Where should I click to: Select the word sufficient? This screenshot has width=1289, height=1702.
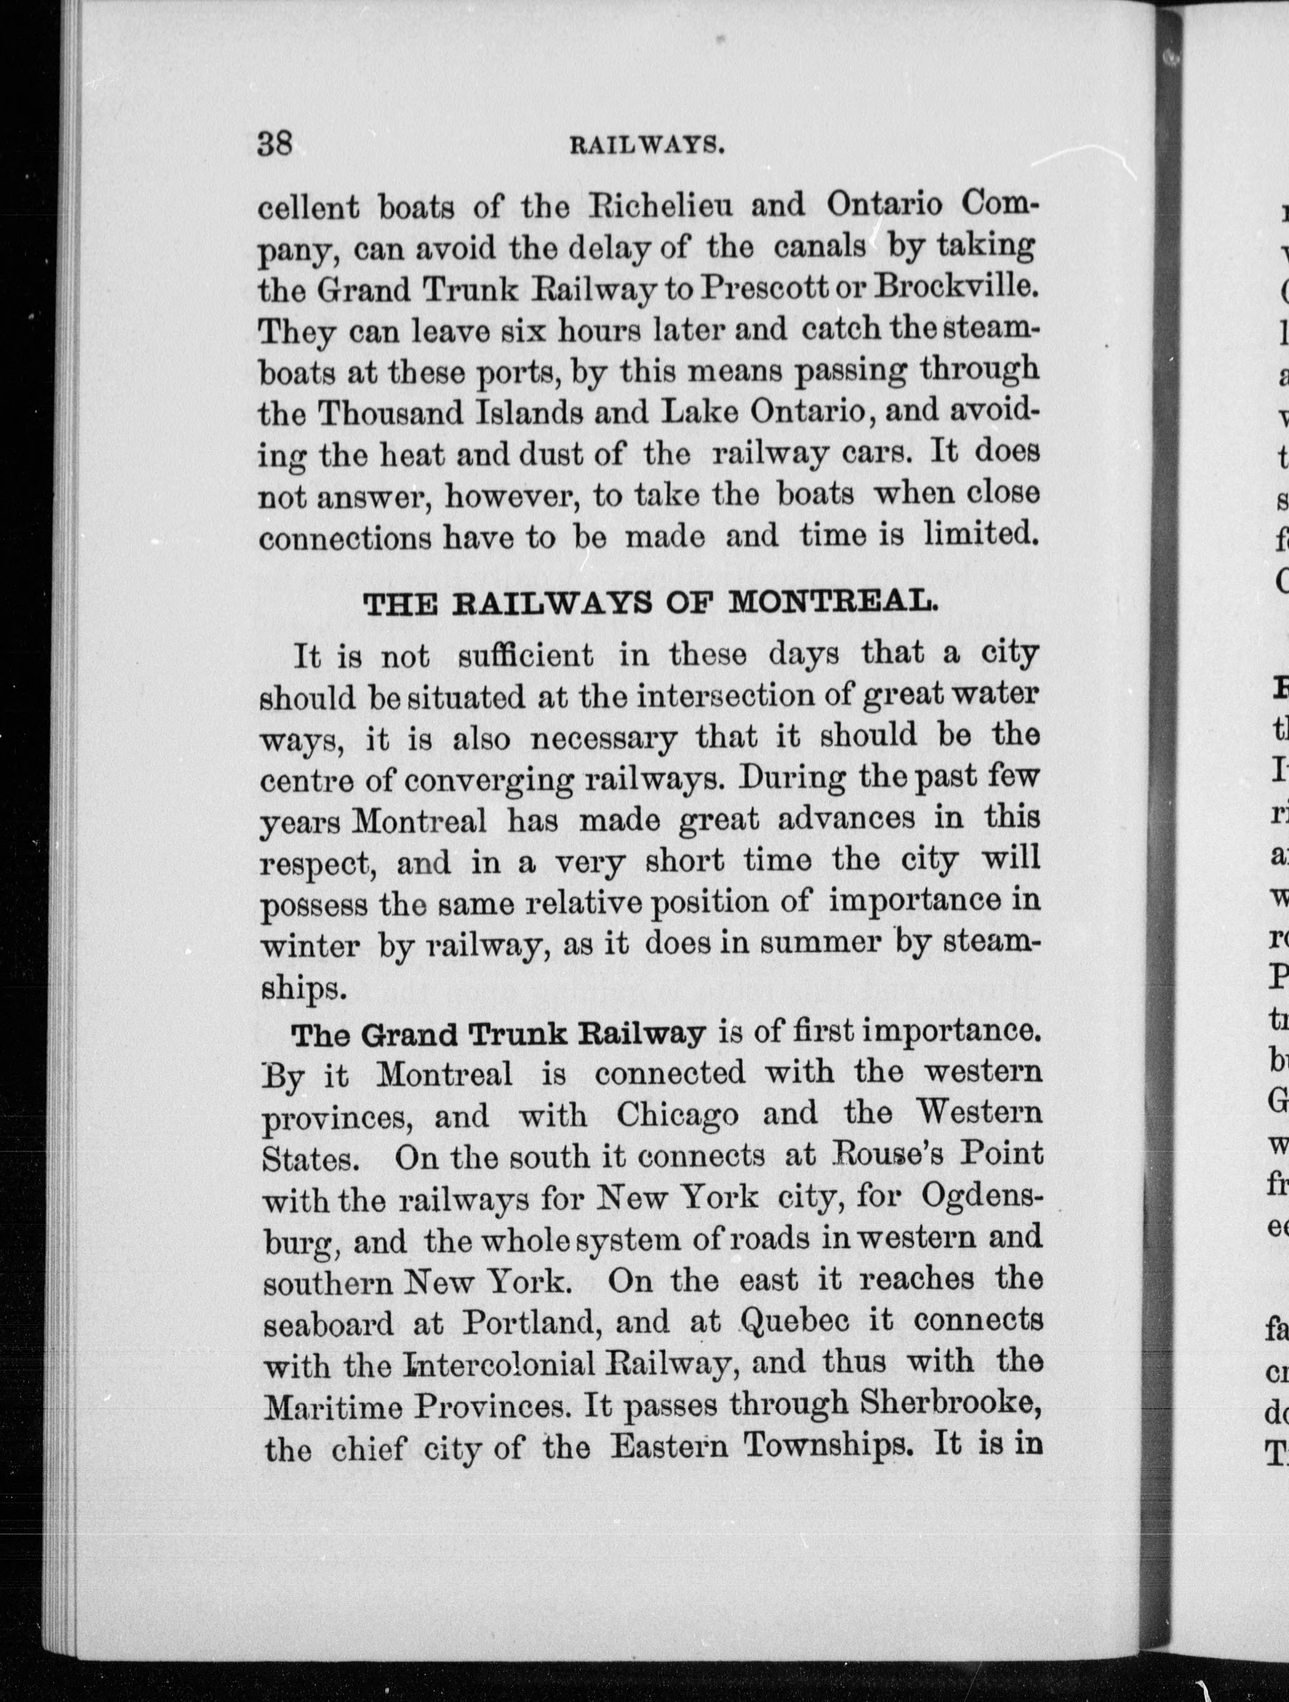(x=525, y=656)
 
